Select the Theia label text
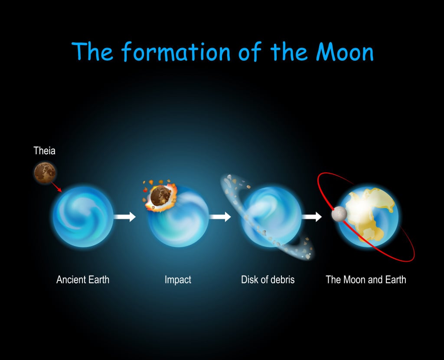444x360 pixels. point(45,151)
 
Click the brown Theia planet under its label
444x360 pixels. point(45,172)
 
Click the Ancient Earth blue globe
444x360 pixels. point(83,217)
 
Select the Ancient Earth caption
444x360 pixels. point(83,279)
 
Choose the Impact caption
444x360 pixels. point(178,279)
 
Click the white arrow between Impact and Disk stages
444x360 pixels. point(220,217)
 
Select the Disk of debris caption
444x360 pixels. point(268,279)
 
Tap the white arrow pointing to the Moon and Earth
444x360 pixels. point(312,217)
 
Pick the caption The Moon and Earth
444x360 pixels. point(366,279)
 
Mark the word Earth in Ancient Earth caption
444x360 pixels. point(98,279)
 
